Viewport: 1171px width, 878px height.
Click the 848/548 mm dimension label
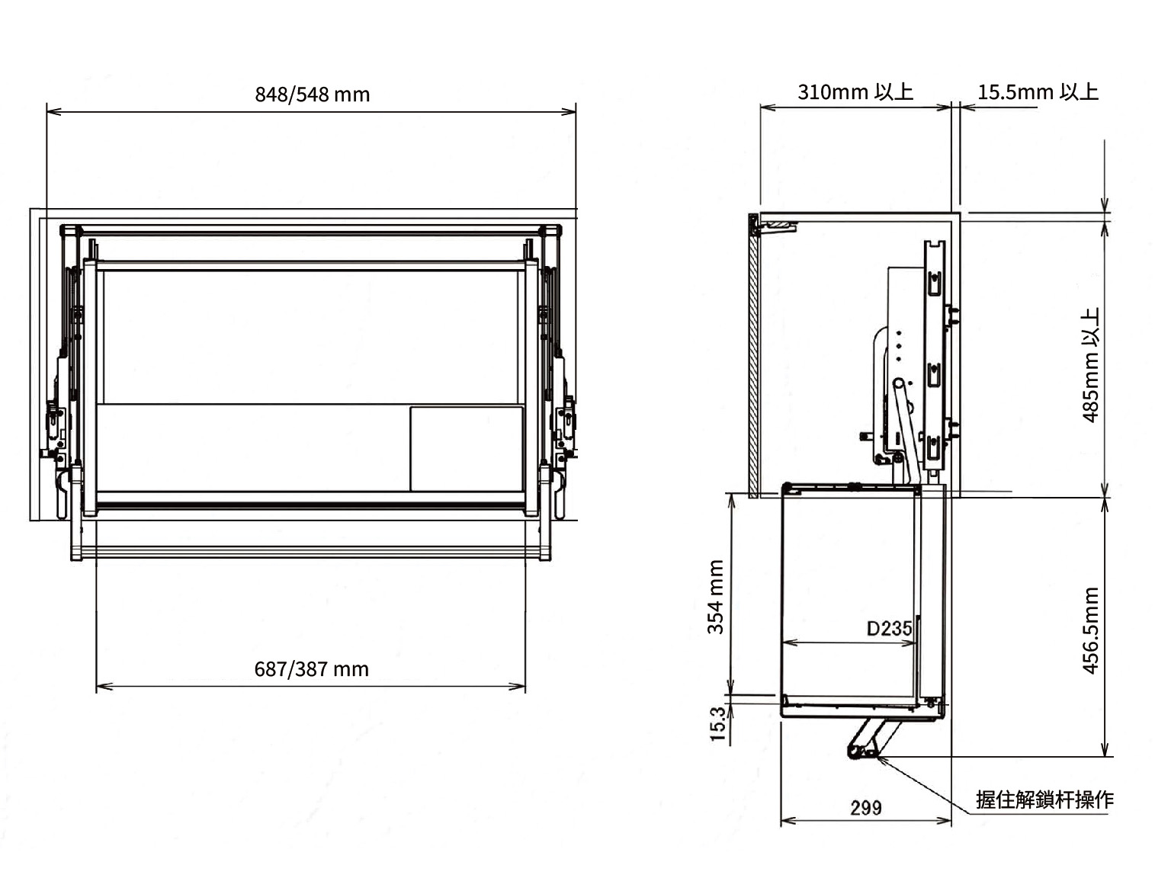pos(312,95)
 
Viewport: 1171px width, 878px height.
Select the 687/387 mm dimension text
pos(312,669)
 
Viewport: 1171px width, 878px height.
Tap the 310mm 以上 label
pos(855,91)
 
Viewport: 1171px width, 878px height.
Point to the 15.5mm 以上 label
pos(1038,91)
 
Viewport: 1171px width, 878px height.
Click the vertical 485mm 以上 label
pos(1092,365)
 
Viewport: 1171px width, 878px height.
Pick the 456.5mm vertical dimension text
pos(1092,630)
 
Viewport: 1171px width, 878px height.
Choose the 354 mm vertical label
pos(715,597)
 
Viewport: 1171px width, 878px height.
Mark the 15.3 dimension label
pos(718,724)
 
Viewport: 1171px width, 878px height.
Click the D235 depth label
pos(889,629)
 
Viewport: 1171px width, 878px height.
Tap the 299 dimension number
pos(866,808)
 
